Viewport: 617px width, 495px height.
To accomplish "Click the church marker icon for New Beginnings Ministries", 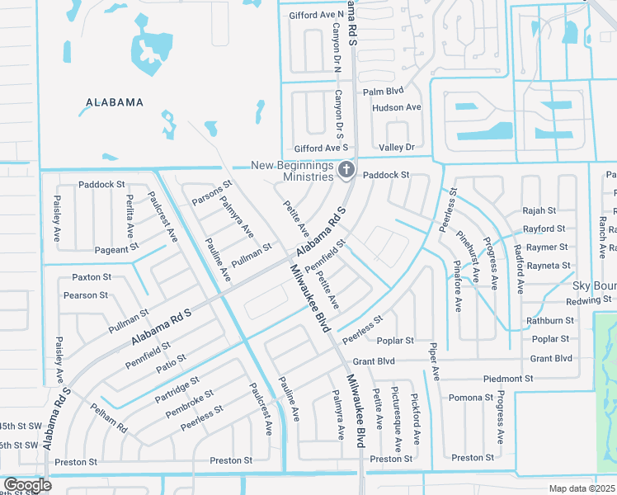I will point(347,171).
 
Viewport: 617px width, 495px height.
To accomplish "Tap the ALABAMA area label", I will point(115,102).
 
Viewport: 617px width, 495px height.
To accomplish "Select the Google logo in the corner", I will point(26,485).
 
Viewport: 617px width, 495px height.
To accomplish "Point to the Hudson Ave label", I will point(396,107).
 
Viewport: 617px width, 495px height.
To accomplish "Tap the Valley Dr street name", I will point(396,147).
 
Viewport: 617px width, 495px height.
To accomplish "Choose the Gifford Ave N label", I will point(316,15).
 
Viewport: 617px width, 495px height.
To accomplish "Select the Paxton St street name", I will point(91,277).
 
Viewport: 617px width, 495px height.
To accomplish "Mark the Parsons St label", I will point(212,193).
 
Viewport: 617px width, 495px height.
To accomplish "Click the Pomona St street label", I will point(470,398).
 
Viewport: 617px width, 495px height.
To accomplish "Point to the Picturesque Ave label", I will point(398,417).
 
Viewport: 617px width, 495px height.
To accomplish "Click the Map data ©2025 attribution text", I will point(582,488).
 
